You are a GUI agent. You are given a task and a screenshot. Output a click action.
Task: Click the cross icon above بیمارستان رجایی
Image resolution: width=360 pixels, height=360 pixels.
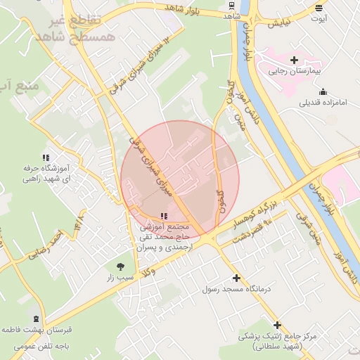pyautogui.click(x=294, y=60)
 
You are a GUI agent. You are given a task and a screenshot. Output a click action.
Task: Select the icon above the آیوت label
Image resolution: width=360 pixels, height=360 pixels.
pyautogui.click(x=321, y=8)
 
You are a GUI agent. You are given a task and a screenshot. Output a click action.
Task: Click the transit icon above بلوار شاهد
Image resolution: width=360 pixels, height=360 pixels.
pyautogui.click(x=233, y=5)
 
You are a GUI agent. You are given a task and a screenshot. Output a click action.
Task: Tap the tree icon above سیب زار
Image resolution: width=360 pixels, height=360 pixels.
pyautogui.click(x=120, y=266)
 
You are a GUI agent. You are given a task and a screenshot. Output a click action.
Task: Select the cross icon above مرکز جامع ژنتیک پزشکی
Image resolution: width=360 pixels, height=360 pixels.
pyautogui.click(x=278, y=325)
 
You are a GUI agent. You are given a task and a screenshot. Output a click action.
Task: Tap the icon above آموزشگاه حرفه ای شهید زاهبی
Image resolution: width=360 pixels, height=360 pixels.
pyautogui.click(x=46, y=157)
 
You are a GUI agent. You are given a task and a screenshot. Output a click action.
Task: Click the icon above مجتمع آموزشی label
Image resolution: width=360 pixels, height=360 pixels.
pyautogui.click(x=164, y=216)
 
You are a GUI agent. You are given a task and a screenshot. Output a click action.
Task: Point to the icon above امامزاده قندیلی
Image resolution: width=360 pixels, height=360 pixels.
pyautogui.click(x=323, y=91)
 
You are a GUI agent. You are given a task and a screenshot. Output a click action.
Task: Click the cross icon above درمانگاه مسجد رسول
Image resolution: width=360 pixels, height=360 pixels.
pyautogui.click(x=236, y=278)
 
